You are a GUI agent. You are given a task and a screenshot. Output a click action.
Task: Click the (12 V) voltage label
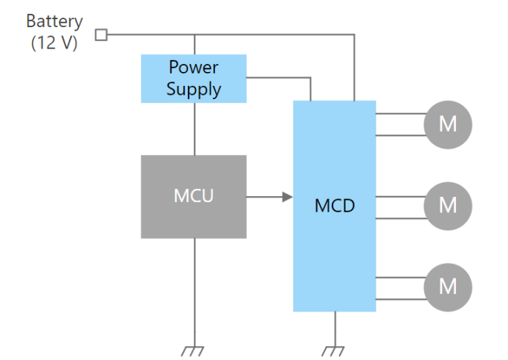pyautogui.click(x=54, y=42)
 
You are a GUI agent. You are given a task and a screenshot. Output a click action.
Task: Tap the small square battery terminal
pyautogui.click(x=101, y=34)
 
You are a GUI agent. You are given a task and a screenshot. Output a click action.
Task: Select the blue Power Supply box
pyautogui.click(x=194, y=79)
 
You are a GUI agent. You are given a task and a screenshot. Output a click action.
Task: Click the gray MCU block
pyautogui.click(x=194, y=196)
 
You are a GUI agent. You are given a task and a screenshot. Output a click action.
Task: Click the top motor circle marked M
pyautogui.click(x=448, y=123)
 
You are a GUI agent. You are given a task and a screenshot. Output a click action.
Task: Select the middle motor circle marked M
pyautogui.click(x=448, y=205)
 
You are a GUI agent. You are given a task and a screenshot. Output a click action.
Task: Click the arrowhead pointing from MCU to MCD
pyautogui.click(x=287, y=197)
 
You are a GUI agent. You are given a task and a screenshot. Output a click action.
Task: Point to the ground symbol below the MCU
pyautogui.click(x=194, y=350)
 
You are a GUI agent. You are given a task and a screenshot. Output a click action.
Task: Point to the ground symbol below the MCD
pyautogui.click(x=335, y=350)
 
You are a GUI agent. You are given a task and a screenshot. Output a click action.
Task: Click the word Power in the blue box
pyautogui.click(x=194, y=68)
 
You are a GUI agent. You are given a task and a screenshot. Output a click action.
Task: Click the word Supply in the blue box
pyautogui.click(x=194, y=90)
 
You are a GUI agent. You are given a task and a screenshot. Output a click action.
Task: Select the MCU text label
pyautogui.click(x=194, y=196)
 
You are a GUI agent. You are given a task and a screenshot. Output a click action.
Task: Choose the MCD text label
pyautogui.click(x=334, y=206)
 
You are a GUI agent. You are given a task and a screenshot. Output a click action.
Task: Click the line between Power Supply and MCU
pyautogui.click(x=194, y=129)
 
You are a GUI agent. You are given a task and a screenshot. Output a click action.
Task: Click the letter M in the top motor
pyautogui.click(x=448, y=123)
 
